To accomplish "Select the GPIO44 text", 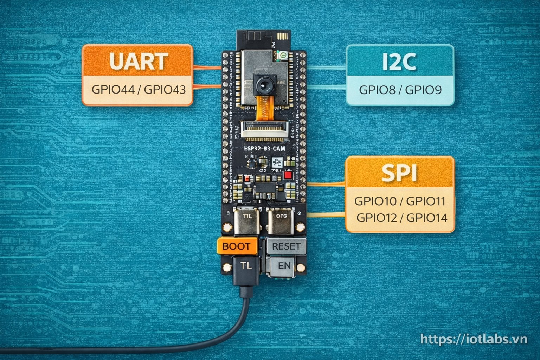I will (112, 89).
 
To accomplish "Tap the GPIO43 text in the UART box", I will (165, 89).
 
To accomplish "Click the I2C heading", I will (399, 62).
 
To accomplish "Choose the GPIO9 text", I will (423, 90).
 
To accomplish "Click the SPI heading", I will (399, 173).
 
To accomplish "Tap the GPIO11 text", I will (426, 201).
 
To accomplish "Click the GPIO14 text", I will (427, 218).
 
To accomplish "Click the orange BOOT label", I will (236, 246).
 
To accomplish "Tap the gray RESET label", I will (286, 246).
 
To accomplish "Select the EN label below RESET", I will (284, 265).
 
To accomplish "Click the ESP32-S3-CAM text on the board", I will (264, 149).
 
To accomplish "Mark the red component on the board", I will (289, 175).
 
